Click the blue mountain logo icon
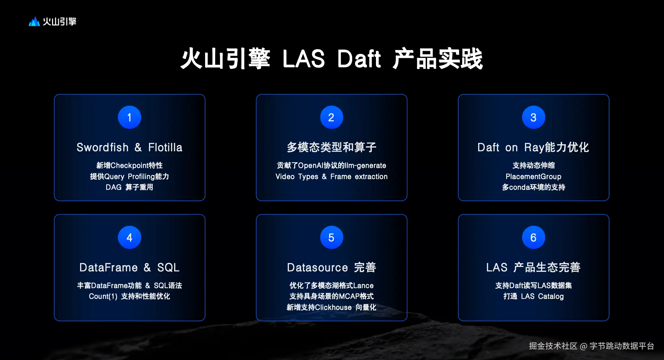click(34, 21)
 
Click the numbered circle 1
click(130, 117)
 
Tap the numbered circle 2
click(331, 117)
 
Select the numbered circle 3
click(533, 117)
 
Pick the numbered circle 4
click(130, 237)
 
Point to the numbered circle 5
click(331, 237)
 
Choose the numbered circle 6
click(533, 237)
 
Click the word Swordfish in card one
click(103, 147)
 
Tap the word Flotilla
click(165, 147)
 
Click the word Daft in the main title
click(359, 59)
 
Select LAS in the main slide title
click(304, 59)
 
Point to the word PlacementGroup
click(533, 177)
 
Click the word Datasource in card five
click(317, 268)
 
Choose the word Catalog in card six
click(551, 297)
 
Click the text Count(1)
click(103, 297)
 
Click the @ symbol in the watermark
click(584, 346)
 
